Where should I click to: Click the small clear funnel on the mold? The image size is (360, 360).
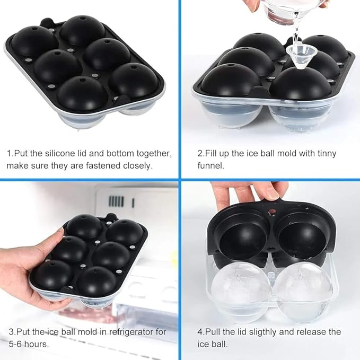[298, 56]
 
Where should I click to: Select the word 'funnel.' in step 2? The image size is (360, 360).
[211, 165]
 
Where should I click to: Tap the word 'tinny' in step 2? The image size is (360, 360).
[327, 154]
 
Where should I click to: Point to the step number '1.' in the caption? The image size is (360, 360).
[10, 153]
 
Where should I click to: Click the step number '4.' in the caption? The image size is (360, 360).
[201, 332]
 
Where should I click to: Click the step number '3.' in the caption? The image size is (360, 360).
[12, 332]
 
